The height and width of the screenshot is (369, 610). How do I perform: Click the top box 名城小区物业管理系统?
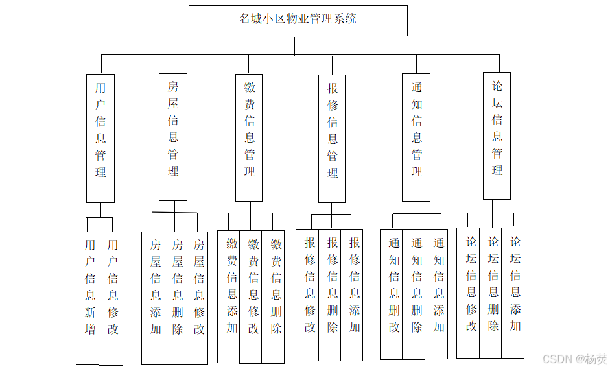point(298,20)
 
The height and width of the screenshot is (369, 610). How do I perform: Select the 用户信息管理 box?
point(100,138)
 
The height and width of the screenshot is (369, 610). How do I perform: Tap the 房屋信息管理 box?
point(173,137)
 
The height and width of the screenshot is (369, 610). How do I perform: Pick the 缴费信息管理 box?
point(249,137)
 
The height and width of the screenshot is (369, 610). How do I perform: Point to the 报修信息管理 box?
point(332,138)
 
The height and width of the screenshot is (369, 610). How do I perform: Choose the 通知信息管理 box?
point(416,137)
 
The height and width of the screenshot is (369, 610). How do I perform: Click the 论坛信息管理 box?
point(497,136)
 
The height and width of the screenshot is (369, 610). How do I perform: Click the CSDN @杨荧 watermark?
point(575,359)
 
